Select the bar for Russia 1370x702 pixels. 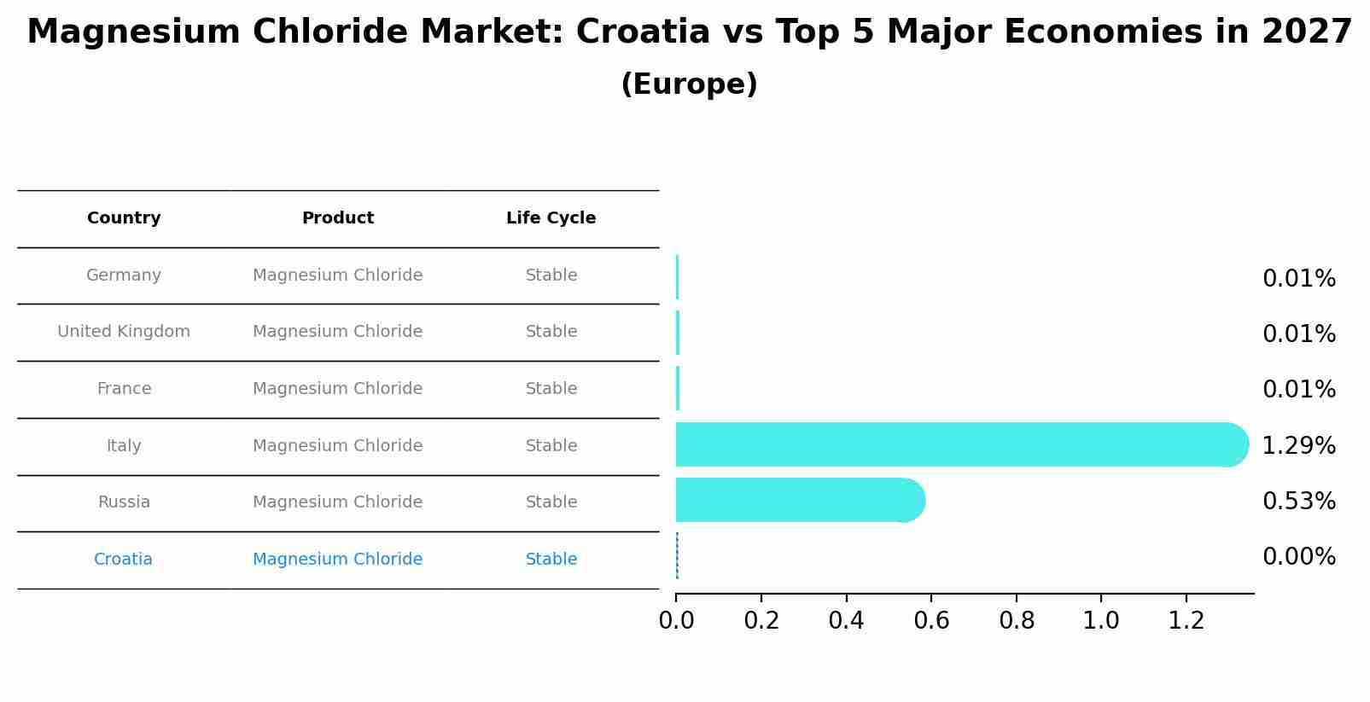798,500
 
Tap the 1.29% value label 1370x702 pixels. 1298,445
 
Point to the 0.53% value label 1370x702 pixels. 1298,502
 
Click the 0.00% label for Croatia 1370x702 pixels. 1298,557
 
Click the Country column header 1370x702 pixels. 124,218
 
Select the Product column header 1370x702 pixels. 338,218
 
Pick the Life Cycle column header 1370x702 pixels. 551,218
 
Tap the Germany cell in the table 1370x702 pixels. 124,276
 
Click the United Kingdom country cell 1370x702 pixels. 124,332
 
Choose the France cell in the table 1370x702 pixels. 124,389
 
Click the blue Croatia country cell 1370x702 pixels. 123,560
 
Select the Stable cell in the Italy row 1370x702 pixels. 551,446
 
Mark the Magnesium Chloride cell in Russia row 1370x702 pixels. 338,502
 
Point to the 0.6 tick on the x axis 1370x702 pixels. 931,621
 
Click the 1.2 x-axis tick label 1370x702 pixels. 1186,621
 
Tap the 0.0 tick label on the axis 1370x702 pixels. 676,621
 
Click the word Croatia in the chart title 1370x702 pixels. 643,32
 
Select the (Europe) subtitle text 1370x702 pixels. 689,84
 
